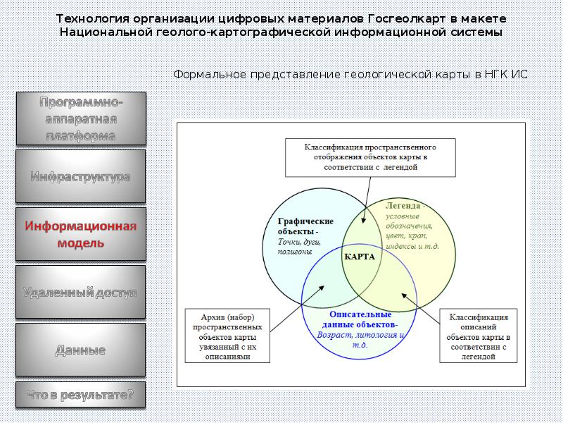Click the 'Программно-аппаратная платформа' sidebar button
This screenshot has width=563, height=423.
80,118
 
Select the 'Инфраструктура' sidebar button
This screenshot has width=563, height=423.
80,177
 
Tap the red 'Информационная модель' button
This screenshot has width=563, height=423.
80,235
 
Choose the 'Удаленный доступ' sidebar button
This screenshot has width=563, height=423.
80,292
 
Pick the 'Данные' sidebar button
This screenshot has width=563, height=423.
80,350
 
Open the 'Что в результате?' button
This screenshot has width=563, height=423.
80,396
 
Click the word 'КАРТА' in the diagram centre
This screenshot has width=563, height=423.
360,257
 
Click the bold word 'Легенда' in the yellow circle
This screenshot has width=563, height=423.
403,205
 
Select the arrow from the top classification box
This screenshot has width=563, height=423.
360,199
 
